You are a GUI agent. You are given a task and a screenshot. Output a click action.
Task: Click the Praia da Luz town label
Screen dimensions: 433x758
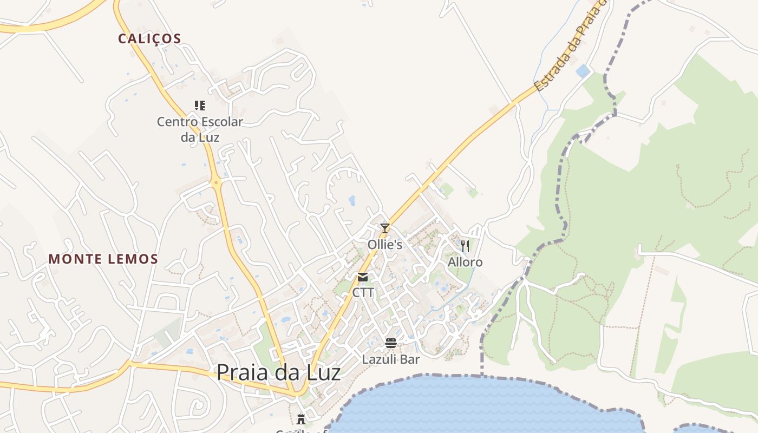[x=278, y=372]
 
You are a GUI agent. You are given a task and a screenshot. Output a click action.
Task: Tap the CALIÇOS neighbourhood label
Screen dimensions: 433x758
[x=149, y=38]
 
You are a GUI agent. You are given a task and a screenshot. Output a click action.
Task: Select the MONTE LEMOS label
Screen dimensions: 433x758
[x=103, y=259]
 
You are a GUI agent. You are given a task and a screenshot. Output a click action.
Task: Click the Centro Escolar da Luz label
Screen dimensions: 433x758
[x=200, y=129]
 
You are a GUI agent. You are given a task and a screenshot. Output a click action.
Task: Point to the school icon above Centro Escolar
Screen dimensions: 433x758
[x=200, y=105]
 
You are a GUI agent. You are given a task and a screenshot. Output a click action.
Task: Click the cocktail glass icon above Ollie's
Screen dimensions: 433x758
[x=384, y=228]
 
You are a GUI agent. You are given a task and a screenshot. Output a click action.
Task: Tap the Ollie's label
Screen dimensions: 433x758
[x=384, y=245]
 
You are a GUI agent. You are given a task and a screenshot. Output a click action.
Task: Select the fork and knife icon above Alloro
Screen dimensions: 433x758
[x=465, y=246]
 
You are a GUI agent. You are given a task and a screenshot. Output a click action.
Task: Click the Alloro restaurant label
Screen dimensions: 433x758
[x=465, y=263]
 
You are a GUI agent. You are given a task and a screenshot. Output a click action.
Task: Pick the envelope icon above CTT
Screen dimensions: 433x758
[x=363, y=277]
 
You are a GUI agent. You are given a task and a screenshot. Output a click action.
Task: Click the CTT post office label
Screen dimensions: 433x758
[x=363, y=293]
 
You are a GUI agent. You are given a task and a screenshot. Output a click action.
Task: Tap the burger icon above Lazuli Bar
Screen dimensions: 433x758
[x=391, y=343]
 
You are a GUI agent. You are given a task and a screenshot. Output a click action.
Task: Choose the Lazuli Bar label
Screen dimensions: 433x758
[x=391, y=359]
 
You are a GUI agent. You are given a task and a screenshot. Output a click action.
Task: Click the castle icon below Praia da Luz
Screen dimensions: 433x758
[x=301, y=419]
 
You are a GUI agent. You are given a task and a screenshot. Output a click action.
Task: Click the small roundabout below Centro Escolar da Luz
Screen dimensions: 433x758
[x=217, y=183]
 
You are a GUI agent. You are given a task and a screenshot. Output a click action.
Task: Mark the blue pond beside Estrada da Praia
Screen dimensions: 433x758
[x=583, y=71]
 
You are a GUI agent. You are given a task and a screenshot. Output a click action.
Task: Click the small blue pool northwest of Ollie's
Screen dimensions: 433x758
[x=352, y=201]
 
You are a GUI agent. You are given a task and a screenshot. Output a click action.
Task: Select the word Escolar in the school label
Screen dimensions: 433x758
[x=223, y=122]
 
